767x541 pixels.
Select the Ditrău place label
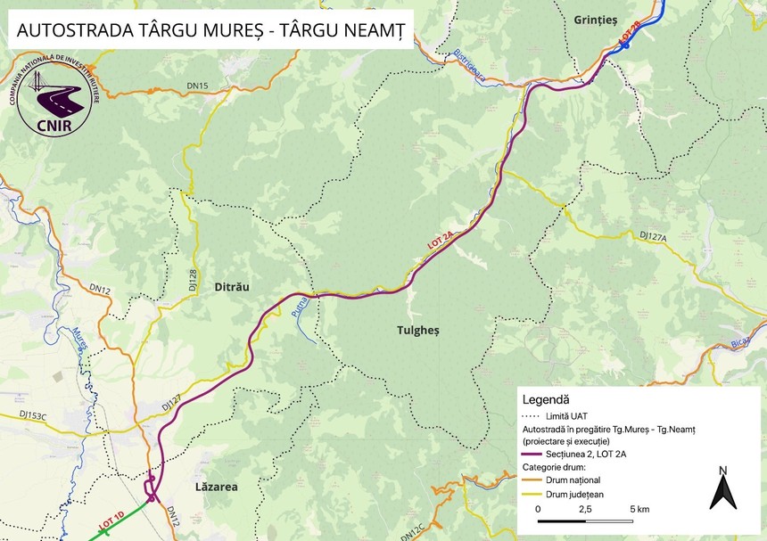229,287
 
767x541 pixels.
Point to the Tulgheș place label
417,330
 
